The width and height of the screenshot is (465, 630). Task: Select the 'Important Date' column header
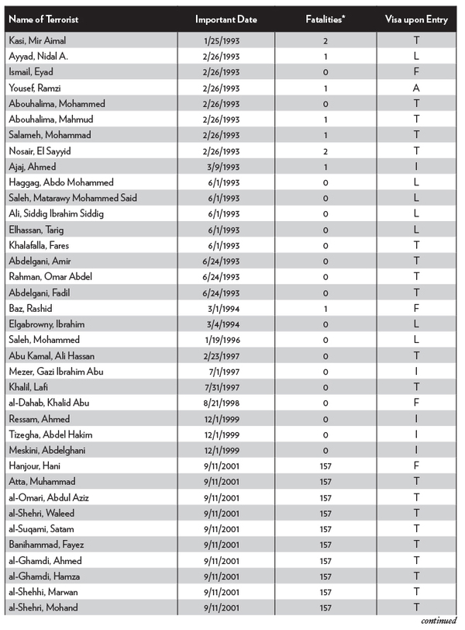click(226, 19)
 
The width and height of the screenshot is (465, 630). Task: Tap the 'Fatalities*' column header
click(326, 19)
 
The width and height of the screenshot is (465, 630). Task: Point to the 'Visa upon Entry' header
click(415, 19)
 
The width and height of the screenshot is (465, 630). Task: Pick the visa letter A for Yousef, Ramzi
click(417, 88)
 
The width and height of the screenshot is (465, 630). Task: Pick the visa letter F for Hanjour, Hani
click(417, 466)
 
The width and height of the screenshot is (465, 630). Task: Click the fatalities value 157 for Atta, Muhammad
click(326, 482)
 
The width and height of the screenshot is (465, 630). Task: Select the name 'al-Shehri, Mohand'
click(43, 607)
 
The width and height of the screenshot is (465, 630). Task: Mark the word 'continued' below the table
click(439, 621)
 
